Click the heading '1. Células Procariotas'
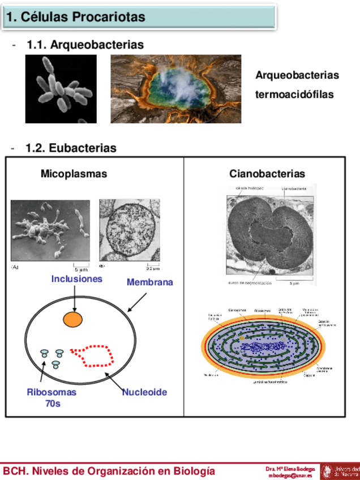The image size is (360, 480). [75, 17]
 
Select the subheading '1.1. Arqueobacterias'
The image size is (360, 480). [85, 45]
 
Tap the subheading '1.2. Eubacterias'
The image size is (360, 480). [71, 148]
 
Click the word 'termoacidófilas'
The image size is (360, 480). [294, 95]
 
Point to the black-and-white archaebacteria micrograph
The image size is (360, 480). [57, 89]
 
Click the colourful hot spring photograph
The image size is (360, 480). [175, 89]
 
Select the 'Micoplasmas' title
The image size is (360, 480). [74, 174]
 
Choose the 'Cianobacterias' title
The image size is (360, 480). [267, 174]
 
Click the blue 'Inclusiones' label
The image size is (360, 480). [77, 279]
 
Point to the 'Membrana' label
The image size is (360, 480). [149, 282]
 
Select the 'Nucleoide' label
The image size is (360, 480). [144, 392]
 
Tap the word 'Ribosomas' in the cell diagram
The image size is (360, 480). [52, 392]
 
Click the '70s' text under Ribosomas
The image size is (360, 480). [53, 404]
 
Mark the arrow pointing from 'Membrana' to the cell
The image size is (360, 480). [137, 302]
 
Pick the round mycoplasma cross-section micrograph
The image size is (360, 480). [129, 231]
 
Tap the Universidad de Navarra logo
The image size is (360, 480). [340, 471]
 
